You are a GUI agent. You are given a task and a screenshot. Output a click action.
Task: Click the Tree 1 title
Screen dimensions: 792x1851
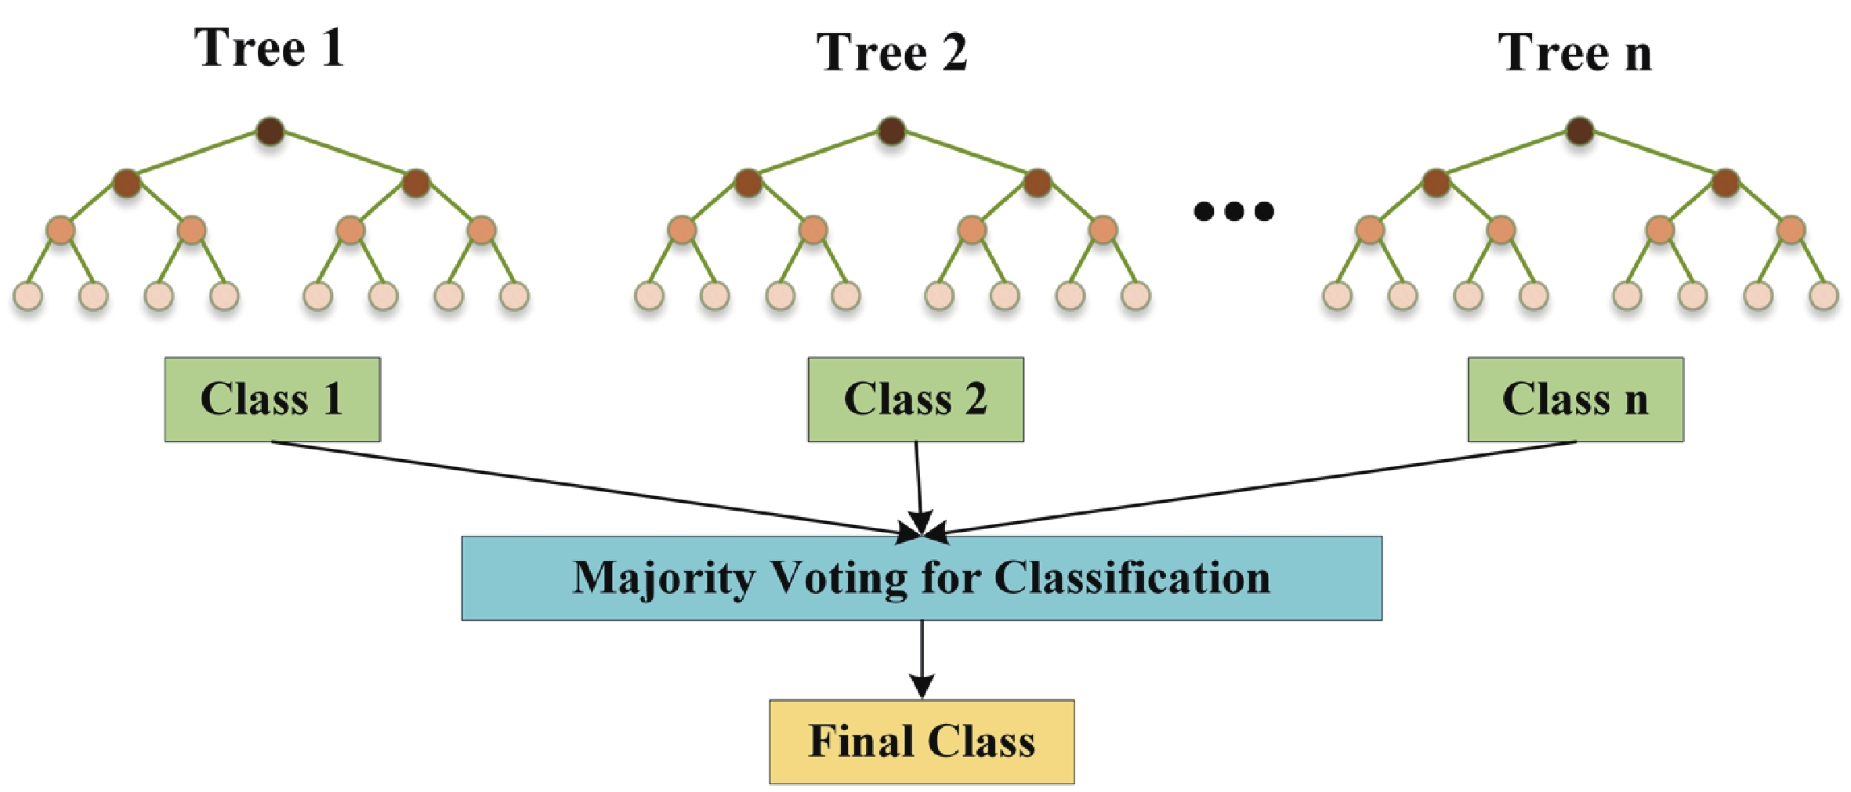pos(269,49)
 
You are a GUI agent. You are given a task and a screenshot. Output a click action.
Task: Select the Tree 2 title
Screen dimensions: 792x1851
pos(892,53)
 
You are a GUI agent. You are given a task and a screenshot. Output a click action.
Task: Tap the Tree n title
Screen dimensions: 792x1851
pos(1575,53)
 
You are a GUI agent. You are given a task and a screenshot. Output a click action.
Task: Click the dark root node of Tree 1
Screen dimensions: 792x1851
pos(270,131)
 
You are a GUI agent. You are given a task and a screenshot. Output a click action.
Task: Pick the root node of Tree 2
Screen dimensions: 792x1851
pos(892,131)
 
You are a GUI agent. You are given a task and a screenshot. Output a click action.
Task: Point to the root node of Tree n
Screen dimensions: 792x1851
pos(1579,131)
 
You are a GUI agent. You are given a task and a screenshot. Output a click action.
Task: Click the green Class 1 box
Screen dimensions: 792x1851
pos(272,400)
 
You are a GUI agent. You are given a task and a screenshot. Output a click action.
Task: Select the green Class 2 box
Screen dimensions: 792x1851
pos(915,400)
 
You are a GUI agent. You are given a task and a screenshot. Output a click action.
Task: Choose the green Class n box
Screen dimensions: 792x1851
pos(1575,400)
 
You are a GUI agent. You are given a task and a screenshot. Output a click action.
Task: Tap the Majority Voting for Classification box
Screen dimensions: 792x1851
pos(922,578)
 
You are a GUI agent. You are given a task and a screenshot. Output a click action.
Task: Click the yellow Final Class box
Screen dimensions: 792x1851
pos(922,741)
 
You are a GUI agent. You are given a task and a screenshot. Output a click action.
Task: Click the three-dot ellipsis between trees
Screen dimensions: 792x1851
pos(1233,211)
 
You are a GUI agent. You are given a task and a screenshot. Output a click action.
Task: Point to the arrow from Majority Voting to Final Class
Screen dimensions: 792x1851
pos(922,658)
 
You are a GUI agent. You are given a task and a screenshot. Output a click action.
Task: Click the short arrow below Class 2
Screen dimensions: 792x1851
pos(918,486)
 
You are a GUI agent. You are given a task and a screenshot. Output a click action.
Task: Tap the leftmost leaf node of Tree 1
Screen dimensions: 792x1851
pos(28,296)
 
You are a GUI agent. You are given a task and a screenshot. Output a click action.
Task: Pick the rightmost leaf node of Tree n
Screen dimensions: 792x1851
pos(1824,296)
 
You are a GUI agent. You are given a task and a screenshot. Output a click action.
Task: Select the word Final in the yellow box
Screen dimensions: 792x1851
pos(860,741)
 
